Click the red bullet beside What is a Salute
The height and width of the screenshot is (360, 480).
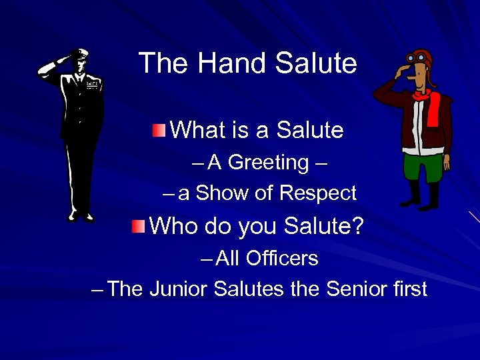click(157, 128)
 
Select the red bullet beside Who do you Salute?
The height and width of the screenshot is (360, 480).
click(138, 225)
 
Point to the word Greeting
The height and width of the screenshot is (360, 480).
click(268, 162)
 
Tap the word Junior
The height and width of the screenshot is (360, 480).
click(178, 289)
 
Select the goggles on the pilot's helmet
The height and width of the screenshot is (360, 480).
click(420, 58)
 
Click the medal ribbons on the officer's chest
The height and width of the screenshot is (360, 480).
click(91, 85)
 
